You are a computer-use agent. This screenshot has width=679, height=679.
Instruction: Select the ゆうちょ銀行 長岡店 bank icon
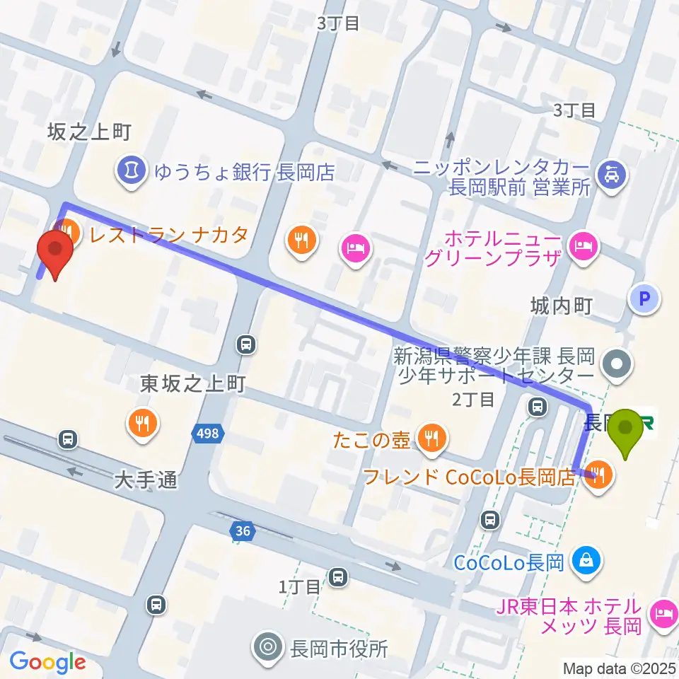click(x=131, y=169)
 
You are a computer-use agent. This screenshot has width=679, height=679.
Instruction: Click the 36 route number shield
click(x=243, y=530)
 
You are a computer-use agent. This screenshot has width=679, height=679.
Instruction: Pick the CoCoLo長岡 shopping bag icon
click(x=586, y=560)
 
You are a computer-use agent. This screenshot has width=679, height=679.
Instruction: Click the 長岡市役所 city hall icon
click(x=269, y=646)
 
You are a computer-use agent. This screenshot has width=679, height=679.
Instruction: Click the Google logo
click(x=47, y=661)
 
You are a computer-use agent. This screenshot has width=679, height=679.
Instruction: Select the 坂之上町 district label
click(x=89, y=132)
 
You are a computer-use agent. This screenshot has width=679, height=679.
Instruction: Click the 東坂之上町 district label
click(x=192, y=383)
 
